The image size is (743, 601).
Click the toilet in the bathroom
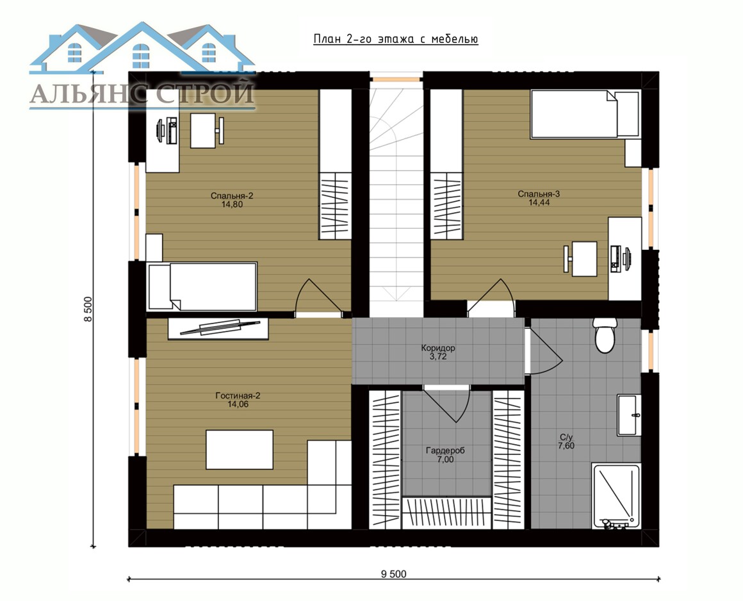point(605,335)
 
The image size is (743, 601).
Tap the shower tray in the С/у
point(616,496)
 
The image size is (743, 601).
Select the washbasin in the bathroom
point(629,415)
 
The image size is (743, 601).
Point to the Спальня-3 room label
point(539,194)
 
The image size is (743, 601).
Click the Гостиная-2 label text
point(238,396)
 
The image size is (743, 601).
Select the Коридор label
point(438,348)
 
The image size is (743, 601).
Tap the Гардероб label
point(445,450)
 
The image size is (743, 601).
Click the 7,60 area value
point(566,445)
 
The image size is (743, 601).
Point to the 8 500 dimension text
point(88,309)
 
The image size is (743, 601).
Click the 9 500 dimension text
point(394,575)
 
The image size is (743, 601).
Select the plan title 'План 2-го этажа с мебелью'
point(396,39)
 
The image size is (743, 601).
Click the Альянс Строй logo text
point(142,94)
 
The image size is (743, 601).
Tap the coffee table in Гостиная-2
point(240,449)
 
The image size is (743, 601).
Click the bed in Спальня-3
point(585,114)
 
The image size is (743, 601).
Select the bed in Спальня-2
point(203,286)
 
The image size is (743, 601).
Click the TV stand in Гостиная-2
point(218,329)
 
